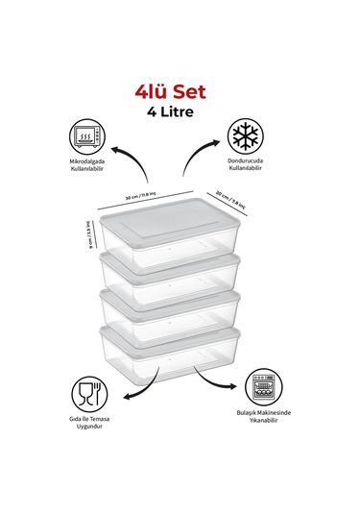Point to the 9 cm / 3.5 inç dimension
88,236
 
